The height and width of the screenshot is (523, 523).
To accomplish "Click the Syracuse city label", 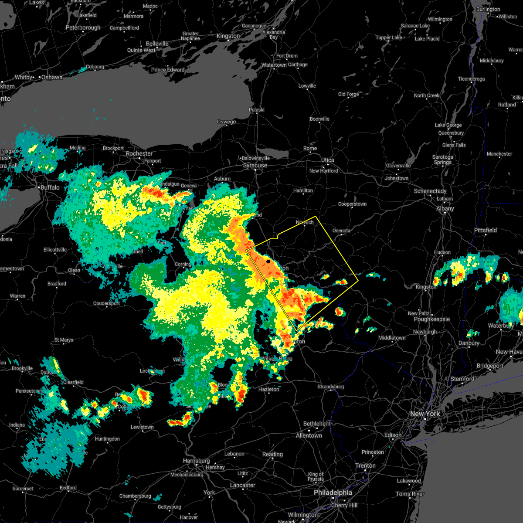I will click(x=255, y=166).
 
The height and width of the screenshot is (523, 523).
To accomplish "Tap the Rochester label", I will click(x=139, y=154).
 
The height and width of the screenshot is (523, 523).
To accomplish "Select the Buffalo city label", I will click(x=50, y=187).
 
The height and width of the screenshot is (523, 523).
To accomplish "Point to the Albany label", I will click(x=445, y=209).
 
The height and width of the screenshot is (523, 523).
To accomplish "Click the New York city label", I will click(x=425, y=414).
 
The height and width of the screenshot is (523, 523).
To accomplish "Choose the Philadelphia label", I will click(x=333, y=492).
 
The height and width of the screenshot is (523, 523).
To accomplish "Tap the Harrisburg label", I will click(x=196, y=461).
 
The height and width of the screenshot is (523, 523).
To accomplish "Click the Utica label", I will click(x=328, y=160).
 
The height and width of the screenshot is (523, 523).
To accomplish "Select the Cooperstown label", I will click(x=352, y=204).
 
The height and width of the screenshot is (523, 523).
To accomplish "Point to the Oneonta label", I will click(x=341, y=231).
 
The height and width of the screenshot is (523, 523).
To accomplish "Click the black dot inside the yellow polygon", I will click(x=268, y=261).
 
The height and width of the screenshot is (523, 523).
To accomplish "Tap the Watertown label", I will click(x=274, y=65).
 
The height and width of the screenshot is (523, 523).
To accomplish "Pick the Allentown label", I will click(x=309, y=435).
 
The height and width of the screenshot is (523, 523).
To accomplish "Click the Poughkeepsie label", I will click(x=431, y=319).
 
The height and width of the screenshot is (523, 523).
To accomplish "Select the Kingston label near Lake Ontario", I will click(x=228, y=36).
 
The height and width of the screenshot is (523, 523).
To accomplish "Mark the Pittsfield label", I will click(x=486, y=230).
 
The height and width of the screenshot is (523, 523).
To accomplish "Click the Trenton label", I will click(x=365, y=465).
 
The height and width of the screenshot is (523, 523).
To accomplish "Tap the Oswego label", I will click(x=226, y=122).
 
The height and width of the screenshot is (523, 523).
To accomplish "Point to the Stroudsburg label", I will click(x=331, y=387).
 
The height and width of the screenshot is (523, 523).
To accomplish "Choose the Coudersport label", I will click(x=106, y=303).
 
